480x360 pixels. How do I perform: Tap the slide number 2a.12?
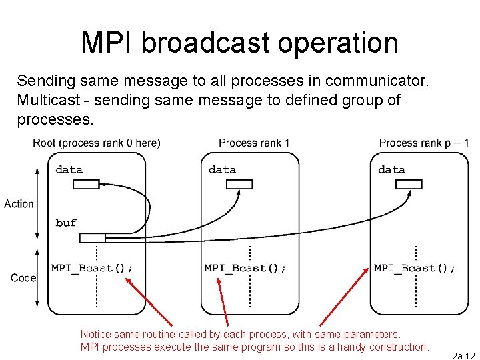pos(463,356)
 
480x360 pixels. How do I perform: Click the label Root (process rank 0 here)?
pos(97,143)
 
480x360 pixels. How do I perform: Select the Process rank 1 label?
pos(254,143)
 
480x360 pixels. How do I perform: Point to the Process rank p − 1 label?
pos(424,143)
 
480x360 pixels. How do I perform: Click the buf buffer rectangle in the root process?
pos(92,238)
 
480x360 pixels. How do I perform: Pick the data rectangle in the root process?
pos(85,184)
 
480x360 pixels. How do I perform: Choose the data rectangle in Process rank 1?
pos(239,184)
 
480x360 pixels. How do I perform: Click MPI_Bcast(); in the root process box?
pos(92,268)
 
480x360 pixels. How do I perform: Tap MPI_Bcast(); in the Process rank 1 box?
pos(245,268)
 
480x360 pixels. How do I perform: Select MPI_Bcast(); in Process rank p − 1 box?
pos(415,268)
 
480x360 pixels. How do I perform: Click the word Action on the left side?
pos(19,203)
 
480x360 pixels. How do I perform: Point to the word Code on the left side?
pos(23,277)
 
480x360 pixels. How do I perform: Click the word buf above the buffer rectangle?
pos(66,223)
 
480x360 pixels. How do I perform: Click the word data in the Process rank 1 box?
pos(222,169)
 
